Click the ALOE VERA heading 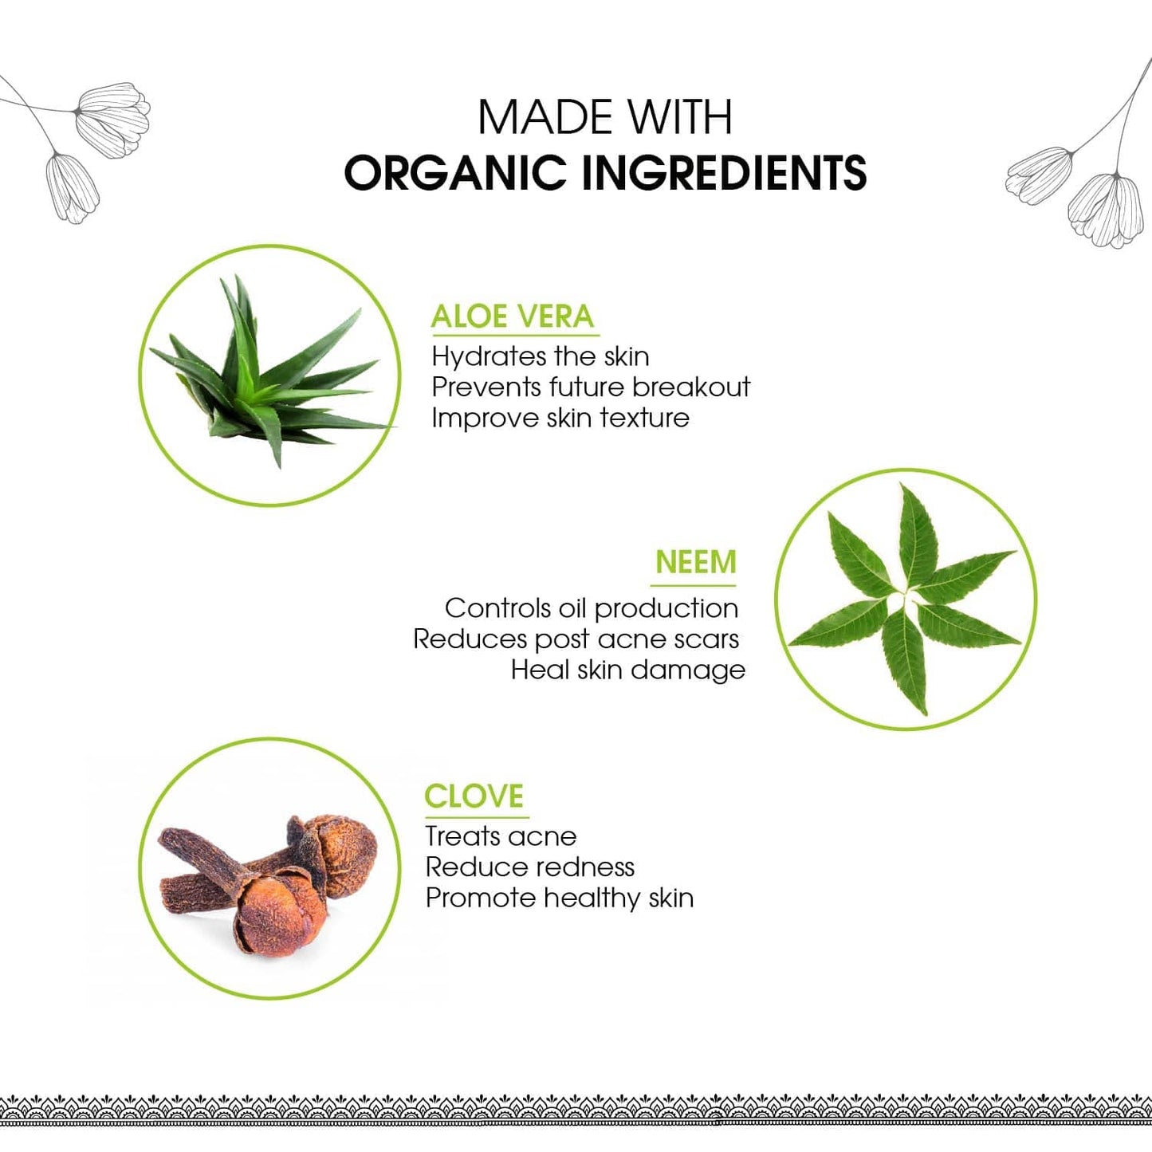point(513,317)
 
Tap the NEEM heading point(696,562)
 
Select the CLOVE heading point(474,796)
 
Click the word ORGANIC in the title point(455,173)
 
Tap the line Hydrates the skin point(541,357)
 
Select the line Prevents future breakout point(591,387)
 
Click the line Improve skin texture point(560,418)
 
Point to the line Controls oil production point(592,608)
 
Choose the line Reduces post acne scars point(576,639)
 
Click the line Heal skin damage point(628,670)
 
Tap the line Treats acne point(501,836)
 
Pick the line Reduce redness point(529,867)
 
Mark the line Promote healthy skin point(560,898)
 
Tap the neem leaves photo point(904,599)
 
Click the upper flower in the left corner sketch point(112,120)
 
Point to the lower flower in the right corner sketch point(1101,210)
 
